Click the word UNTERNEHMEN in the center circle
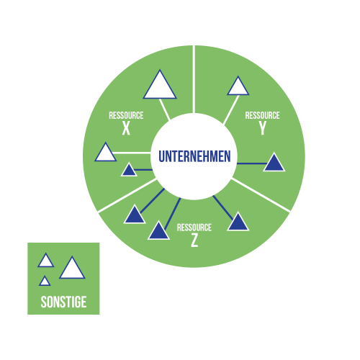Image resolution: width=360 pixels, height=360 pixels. tap(194, 156)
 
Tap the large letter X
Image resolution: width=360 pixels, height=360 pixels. tap(126, 128)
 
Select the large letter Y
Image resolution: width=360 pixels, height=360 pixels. tap(263, 128)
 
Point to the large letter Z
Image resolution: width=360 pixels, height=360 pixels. tap(194, 240)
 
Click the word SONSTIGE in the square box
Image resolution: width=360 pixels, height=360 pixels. tap(63, 302)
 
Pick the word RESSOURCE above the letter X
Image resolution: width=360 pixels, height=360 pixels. tap(126, 115)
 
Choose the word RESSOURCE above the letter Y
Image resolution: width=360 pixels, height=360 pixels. tap(263, 115)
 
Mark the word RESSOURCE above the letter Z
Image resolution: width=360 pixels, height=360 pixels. tap(194, 228)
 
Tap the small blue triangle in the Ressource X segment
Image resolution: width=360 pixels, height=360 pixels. tap(129, 171)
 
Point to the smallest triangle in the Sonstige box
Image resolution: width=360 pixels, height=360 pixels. tap(45, 282)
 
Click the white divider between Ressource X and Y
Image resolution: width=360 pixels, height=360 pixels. tap(194, 79)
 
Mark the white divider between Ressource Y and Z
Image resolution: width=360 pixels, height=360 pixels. tap(261, 195)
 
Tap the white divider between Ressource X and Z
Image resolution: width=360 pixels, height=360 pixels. tap(127, 195)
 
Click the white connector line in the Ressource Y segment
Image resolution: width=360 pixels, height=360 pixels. tap(231, 110)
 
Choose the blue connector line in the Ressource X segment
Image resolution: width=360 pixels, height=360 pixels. tap(143, 170)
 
